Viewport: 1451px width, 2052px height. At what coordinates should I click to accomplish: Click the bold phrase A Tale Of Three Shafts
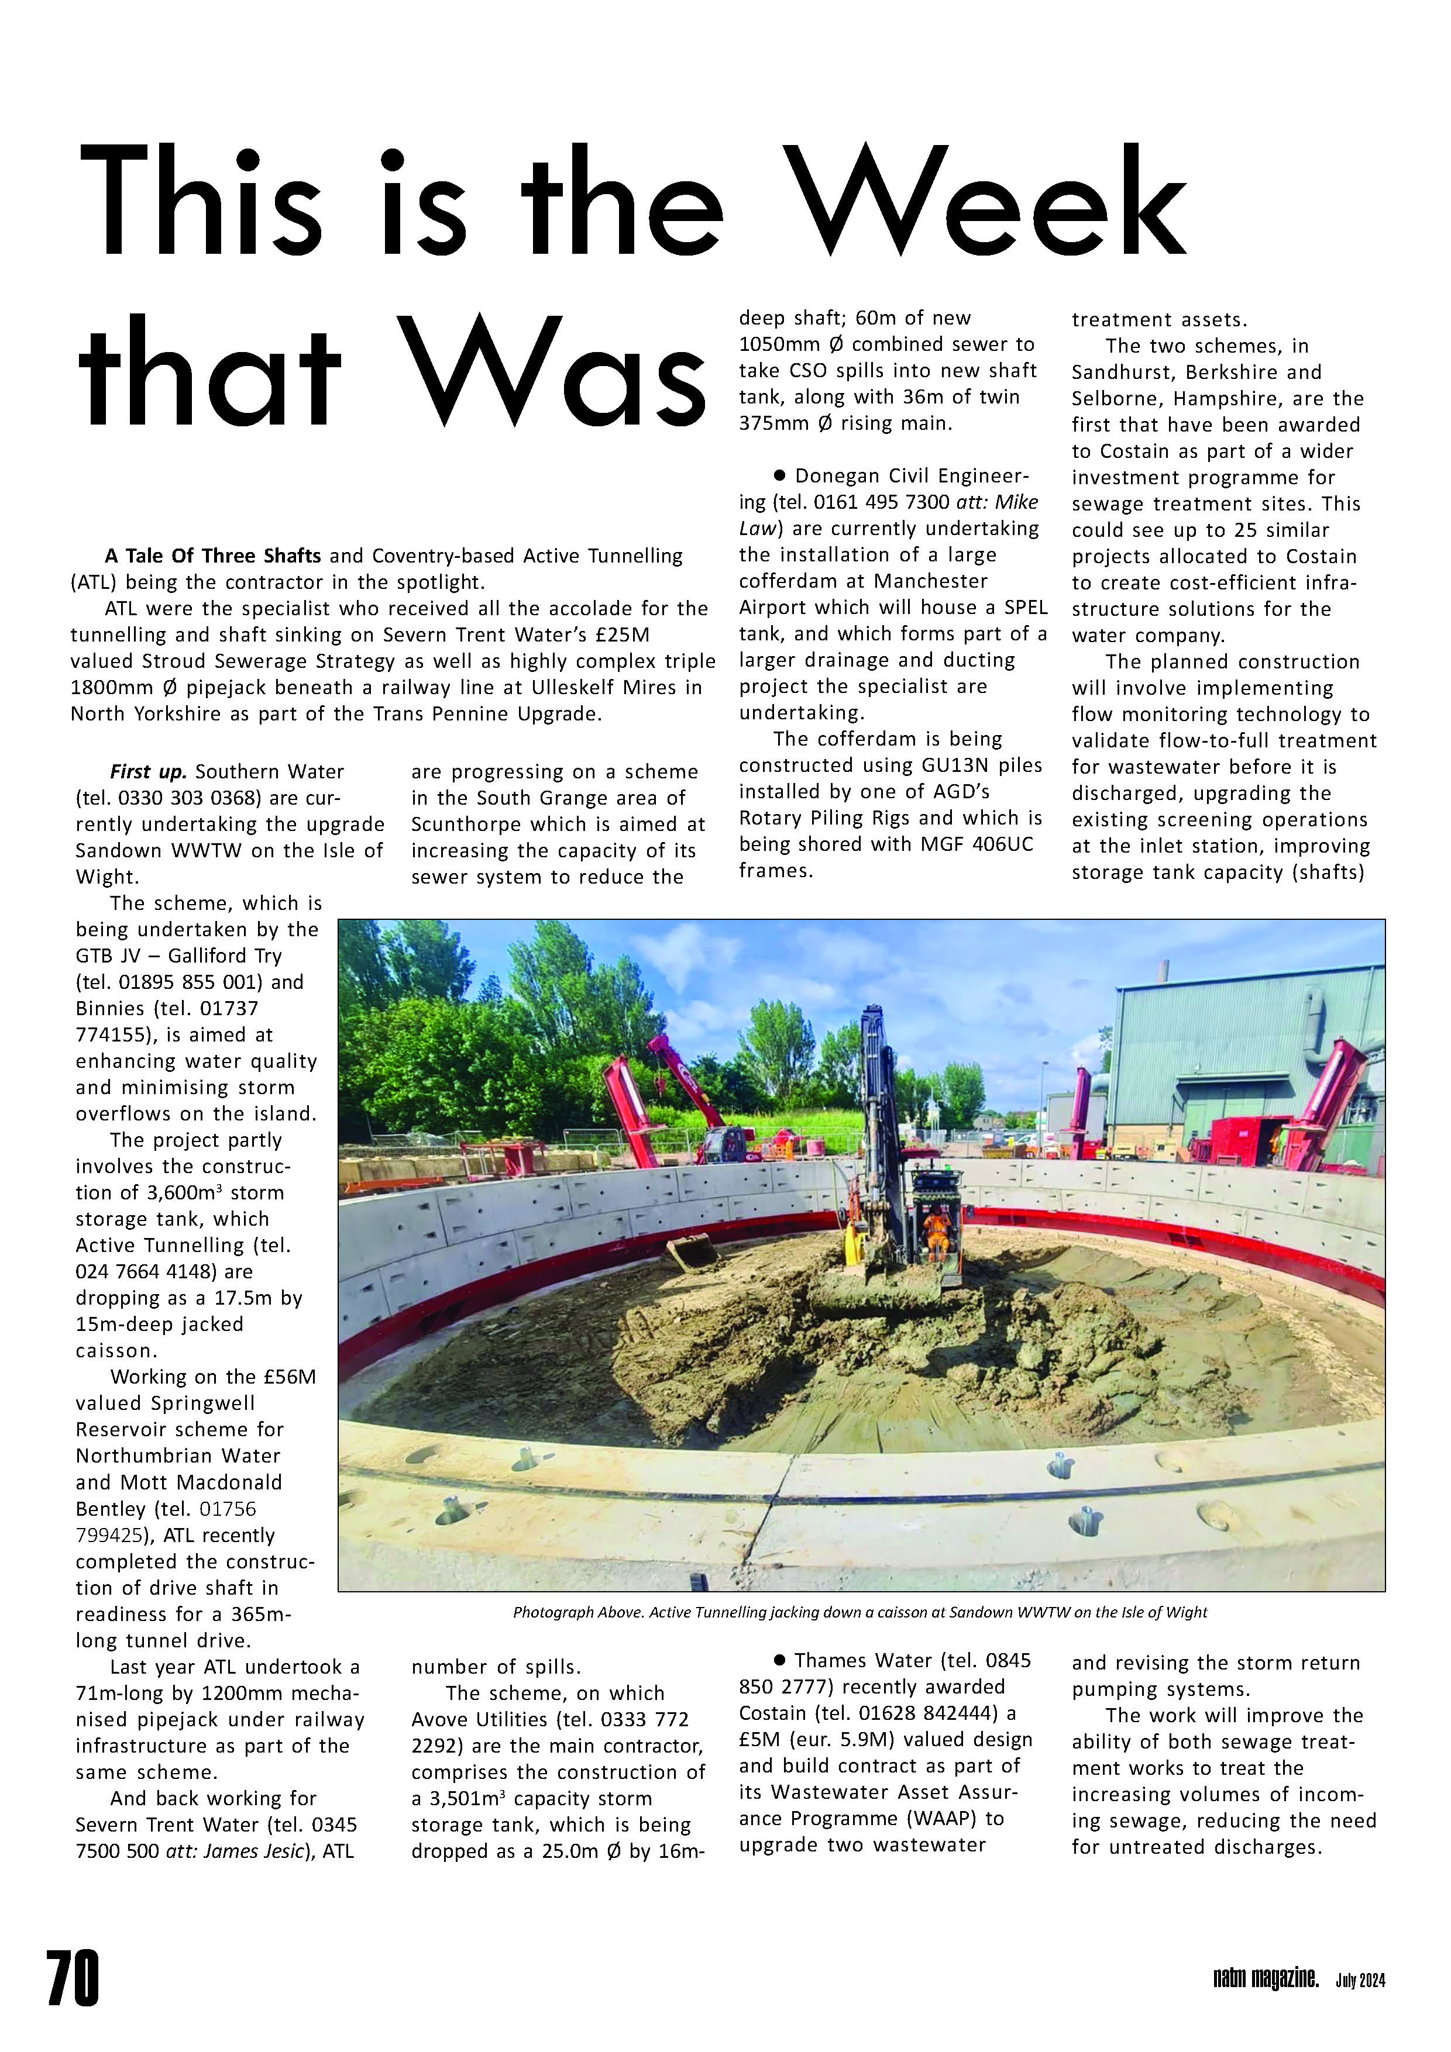(213, 556)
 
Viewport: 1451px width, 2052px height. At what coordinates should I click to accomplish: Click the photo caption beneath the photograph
(860, 1612)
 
